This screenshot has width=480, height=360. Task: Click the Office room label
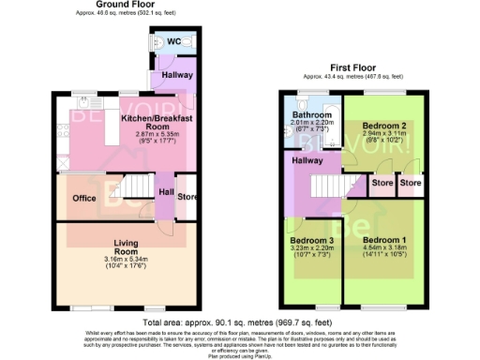tap(84, 199)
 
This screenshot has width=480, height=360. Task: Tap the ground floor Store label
tap(187, 196)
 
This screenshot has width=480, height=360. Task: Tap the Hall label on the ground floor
tap(165, 192)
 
